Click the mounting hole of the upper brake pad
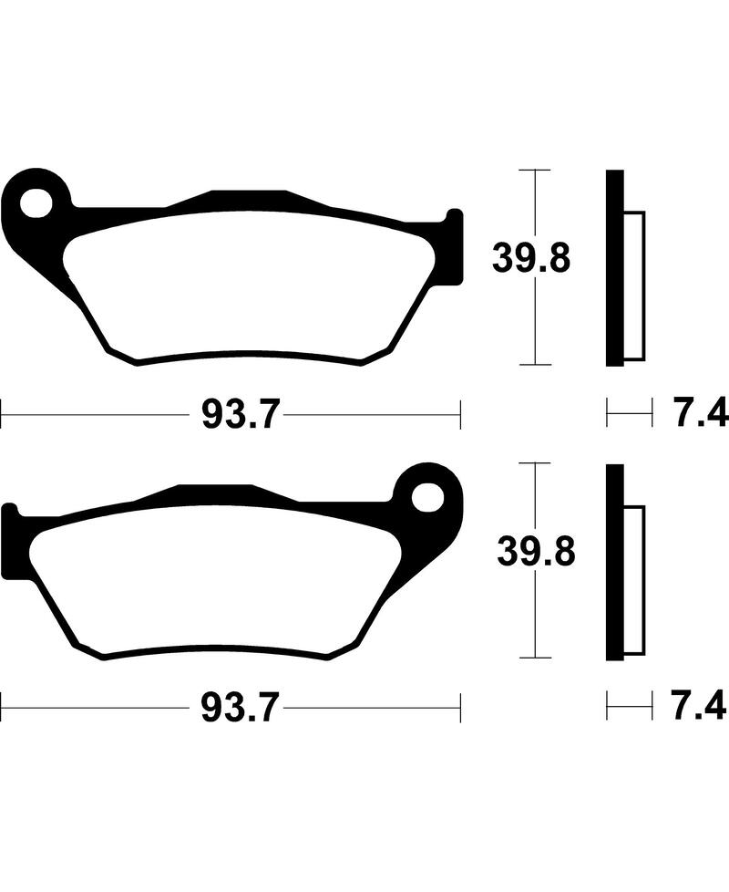pos(36,202)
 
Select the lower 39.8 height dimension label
pos(536,552)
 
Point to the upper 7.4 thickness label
pos(700,416)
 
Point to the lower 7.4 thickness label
pos(700,708)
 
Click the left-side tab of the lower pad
pos(11,542)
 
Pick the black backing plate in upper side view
pos(615,268)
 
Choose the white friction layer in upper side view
pos(634,285)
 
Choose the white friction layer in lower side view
pos(634,580)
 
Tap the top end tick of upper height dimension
pos(534,170)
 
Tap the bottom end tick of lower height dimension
pos(534,658)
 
